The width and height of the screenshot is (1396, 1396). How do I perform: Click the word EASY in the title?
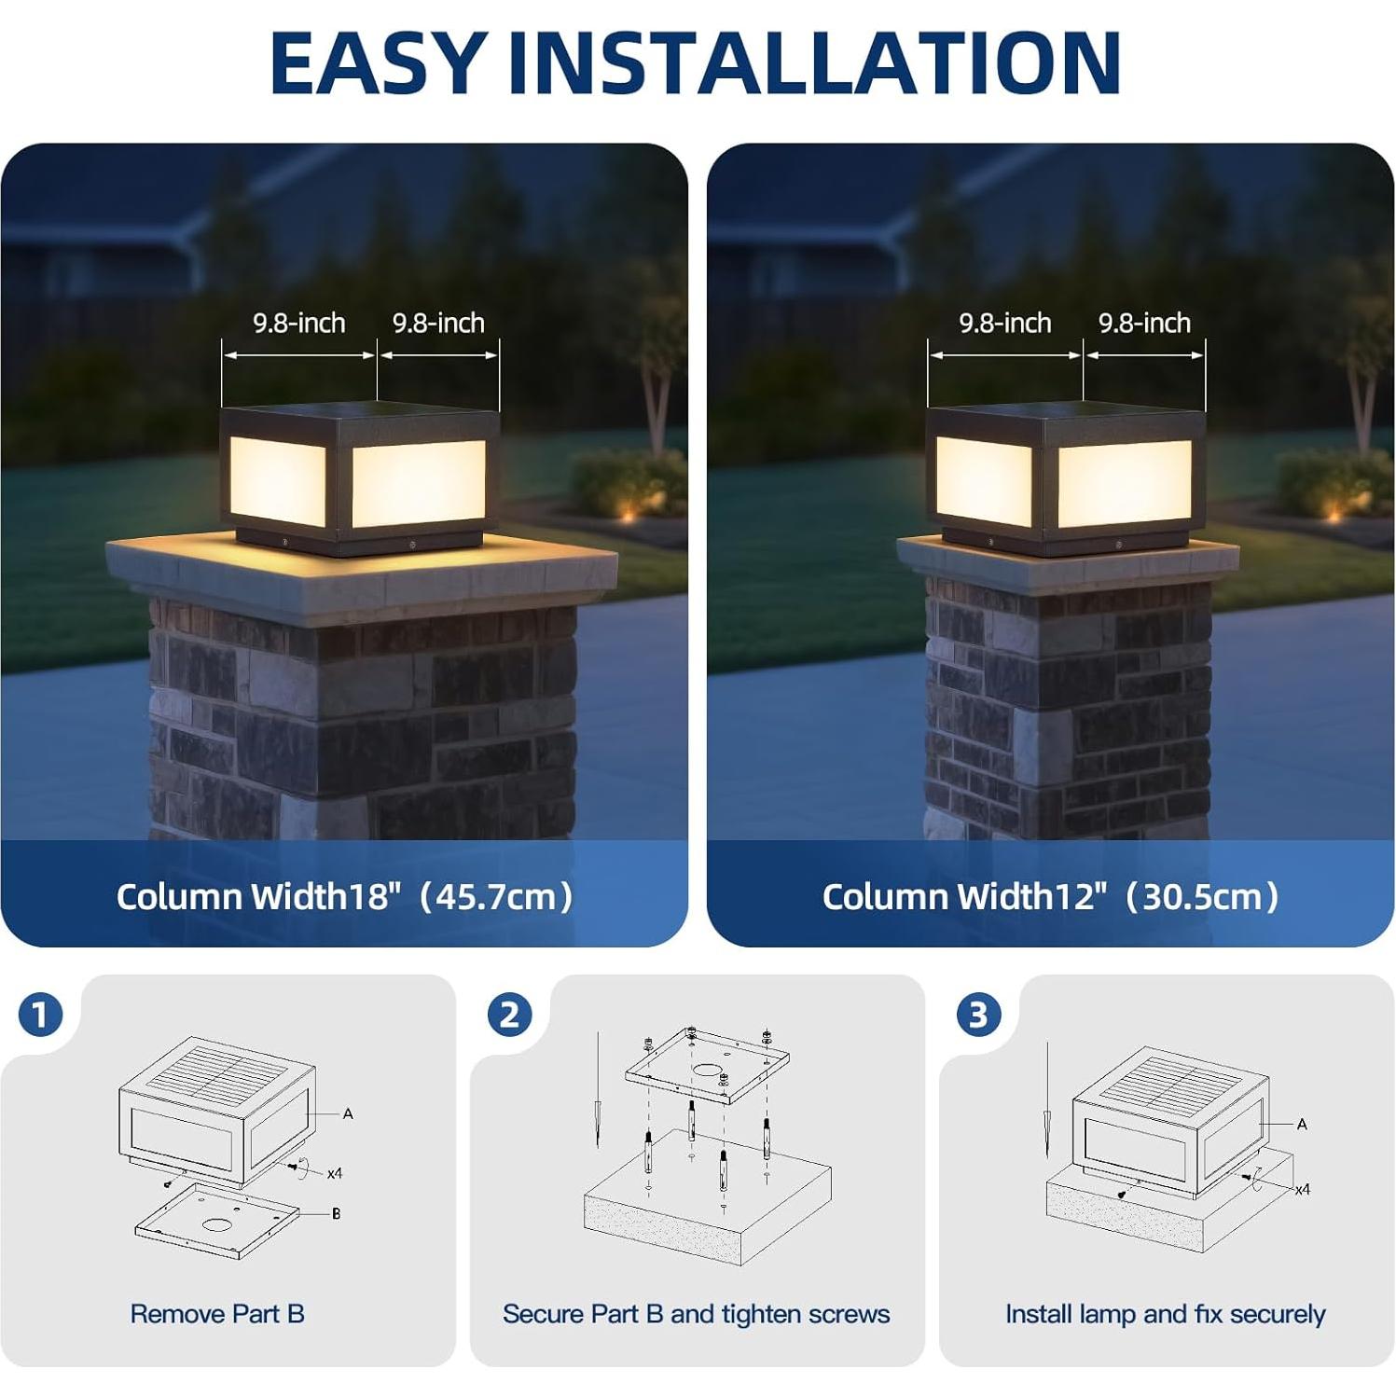point(379,63)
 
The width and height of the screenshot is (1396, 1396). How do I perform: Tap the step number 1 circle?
point(40,1015)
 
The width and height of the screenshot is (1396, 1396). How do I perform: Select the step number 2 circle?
point(509,1015)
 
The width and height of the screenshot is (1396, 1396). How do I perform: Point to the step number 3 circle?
point(978,1015)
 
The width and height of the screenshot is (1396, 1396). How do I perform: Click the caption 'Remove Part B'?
point(217,1314)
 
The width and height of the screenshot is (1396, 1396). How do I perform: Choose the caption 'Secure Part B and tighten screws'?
point(696,1314)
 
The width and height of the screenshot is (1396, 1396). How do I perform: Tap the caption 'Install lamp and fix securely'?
point(1165,1314)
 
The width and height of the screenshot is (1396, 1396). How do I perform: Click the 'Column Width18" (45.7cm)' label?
point(344,897)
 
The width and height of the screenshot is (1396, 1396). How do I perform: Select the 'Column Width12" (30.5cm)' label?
point(1050,897)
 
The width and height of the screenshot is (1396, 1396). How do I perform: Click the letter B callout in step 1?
point(336,1213)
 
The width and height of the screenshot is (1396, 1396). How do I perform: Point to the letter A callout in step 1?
point(348,1113)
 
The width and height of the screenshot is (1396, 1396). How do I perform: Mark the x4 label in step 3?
point(1302,1189)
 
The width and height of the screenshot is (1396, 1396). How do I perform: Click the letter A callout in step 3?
point(1302,1124)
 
